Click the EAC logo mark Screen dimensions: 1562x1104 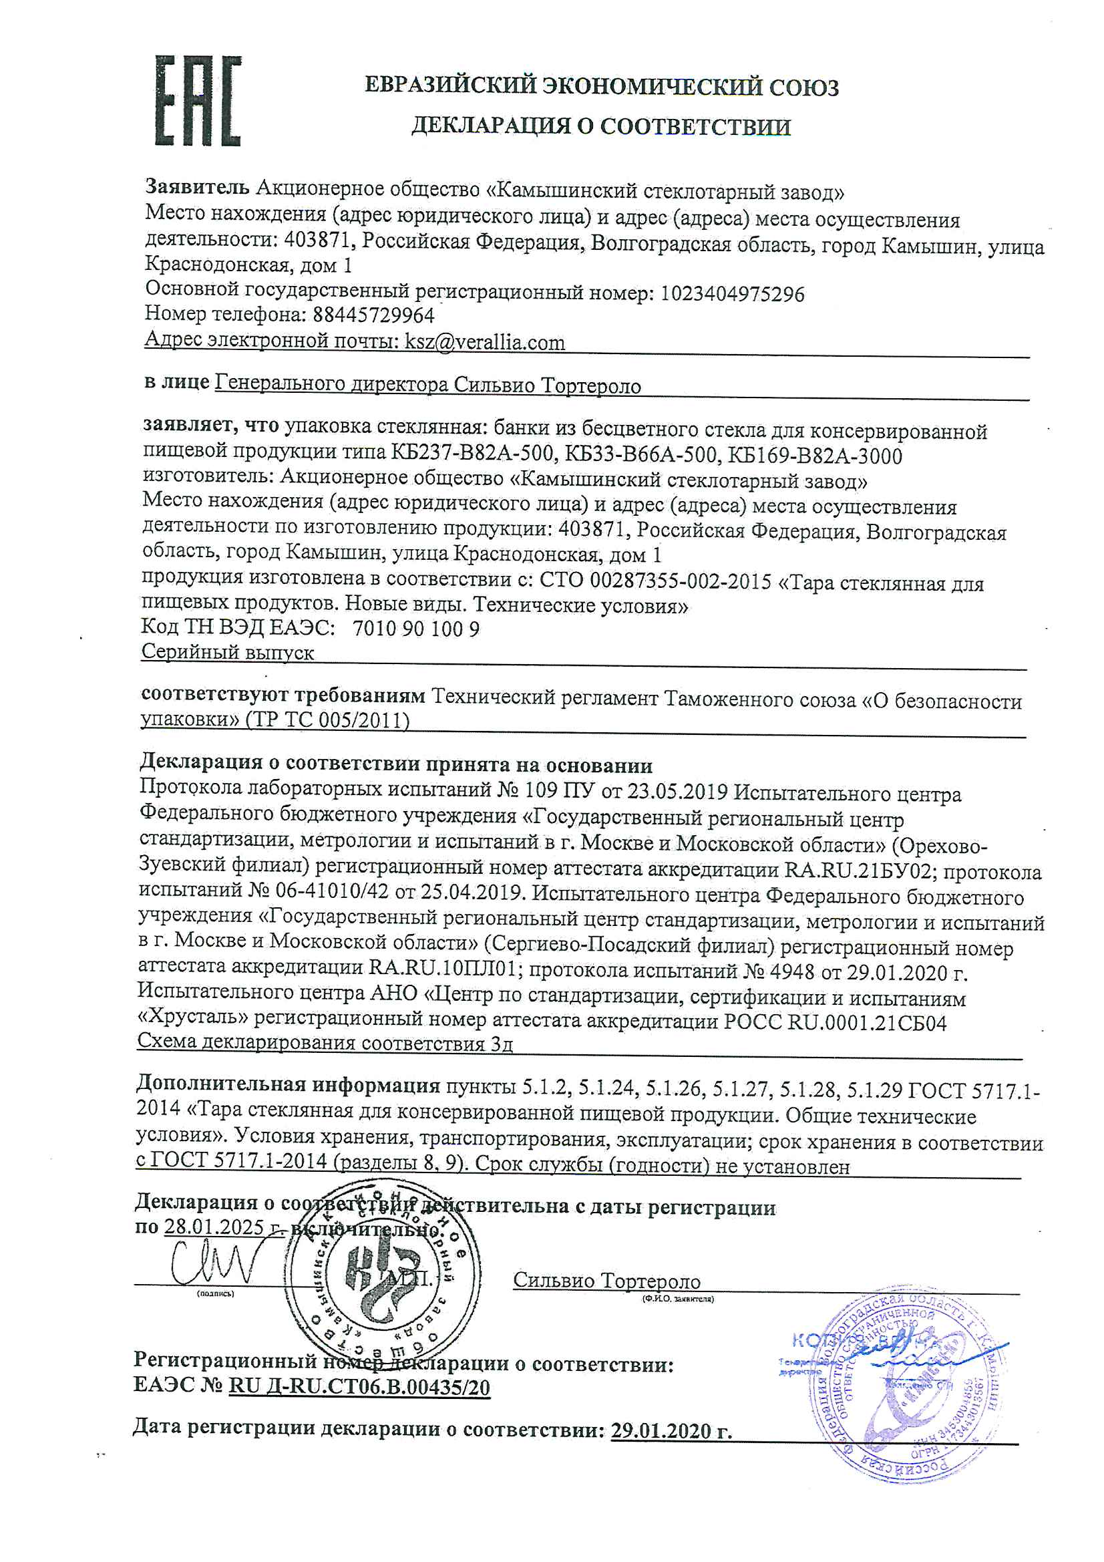[198, 102]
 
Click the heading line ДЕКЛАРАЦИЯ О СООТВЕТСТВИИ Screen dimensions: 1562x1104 [600, 126]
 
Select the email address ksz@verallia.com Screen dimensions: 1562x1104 [485, 341]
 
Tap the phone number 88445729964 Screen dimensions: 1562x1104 [373, 314]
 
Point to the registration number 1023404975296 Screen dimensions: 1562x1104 [733, 294]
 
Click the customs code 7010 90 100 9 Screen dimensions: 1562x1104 [416, 629]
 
